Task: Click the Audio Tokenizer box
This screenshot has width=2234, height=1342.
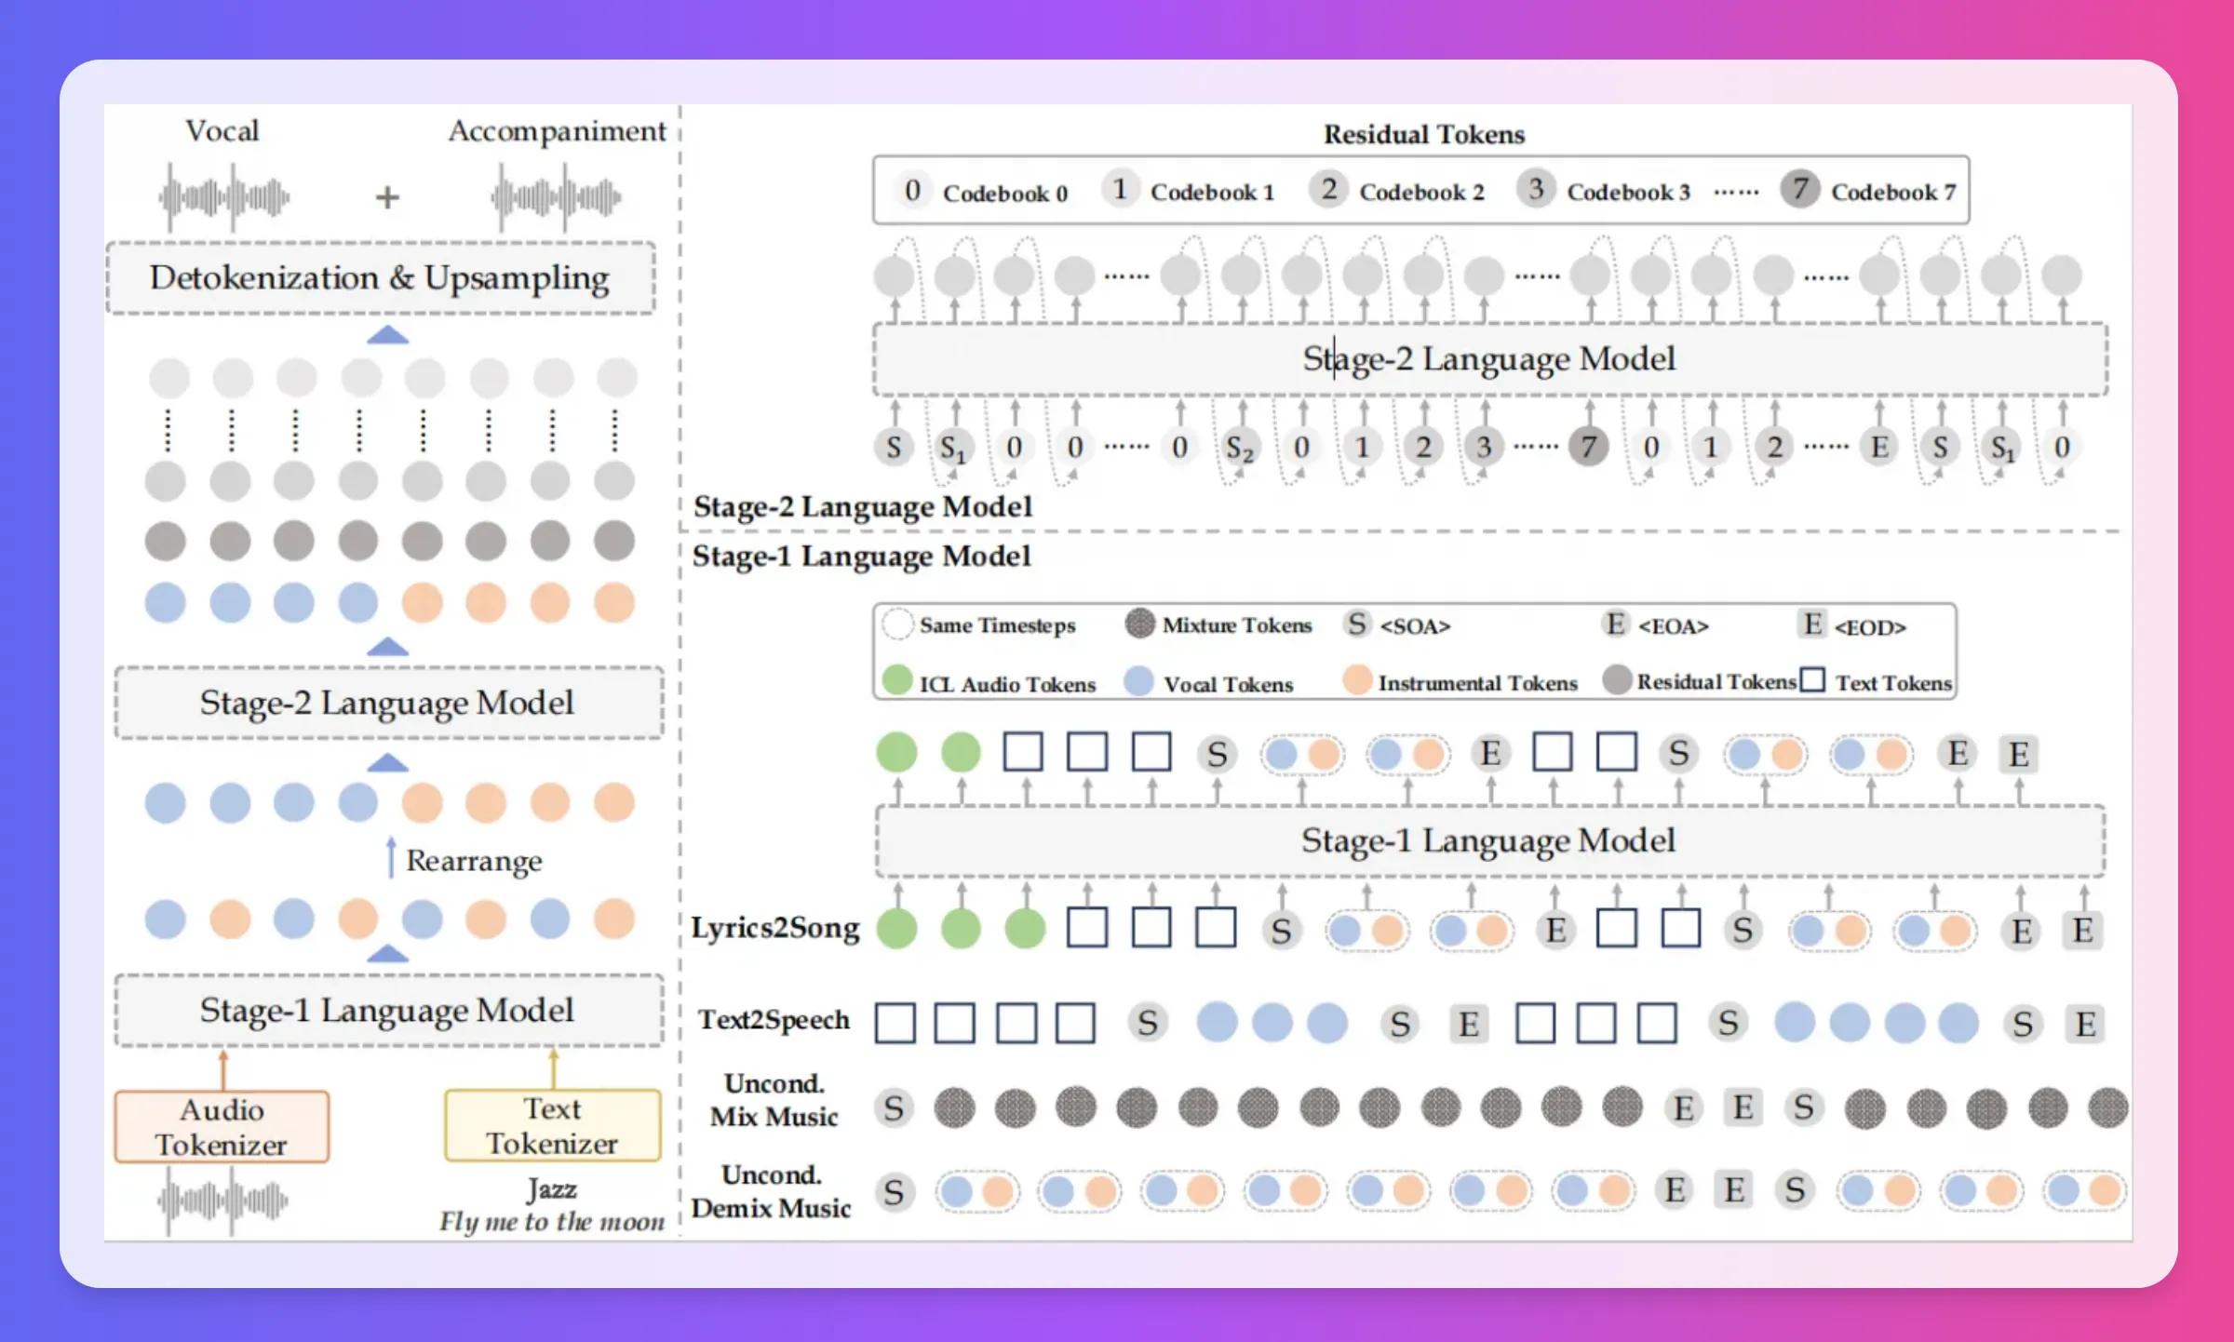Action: (x=222, y=1126)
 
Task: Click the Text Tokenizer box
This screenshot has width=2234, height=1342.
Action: (x=553, y=1125)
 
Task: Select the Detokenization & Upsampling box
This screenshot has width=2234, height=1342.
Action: (x=381, y=278)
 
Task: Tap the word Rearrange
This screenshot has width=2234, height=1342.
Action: (x=474, y=861)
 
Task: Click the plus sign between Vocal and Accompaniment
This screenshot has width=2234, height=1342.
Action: (x=387, y=197)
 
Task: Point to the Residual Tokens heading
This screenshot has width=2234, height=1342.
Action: (x=1424, y=135)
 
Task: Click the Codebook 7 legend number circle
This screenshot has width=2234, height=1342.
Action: (x=1800, y=190)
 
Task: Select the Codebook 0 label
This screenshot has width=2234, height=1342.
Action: (x=1005, y=194)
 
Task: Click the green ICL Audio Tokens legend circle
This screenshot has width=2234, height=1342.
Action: (x=897, y=680)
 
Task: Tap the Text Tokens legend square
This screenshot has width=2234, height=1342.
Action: (x=1812, y=680)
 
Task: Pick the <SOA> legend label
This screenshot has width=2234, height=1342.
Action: (x=1415, y=626)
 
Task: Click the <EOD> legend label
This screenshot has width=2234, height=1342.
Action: (x=1870, y=627)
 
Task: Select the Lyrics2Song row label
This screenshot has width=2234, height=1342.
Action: (x=775, y=928)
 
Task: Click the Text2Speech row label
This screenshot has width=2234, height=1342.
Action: (x=774, y=1020)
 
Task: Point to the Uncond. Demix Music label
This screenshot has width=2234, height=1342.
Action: (x=772, y=1191)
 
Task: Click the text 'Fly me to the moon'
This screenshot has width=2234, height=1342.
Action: (x=552, y=1221)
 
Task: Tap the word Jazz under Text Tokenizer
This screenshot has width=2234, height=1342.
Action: (x=552, y=1188)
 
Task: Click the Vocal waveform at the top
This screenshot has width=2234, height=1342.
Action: (x=224, y=197)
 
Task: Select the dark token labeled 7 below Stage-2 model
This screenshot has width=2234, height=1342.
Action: (x=1589, y=447)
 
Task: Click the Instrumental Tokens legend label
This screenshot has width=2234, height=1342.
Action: (x=1478, y=683)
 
